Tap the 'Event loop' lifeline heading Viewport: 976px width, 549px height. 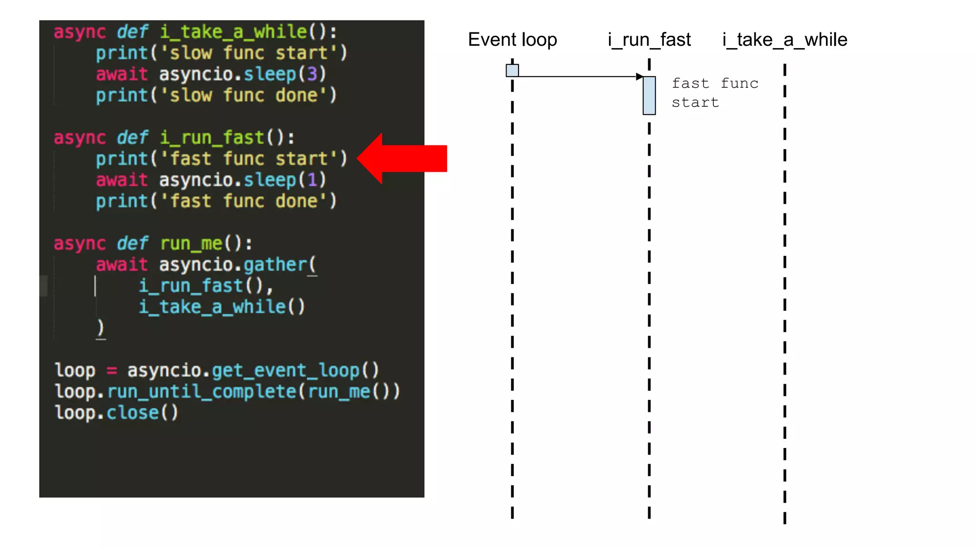[x=512, y=40]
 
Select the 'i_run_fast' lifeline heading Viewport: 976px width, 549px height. [x=649, y=40]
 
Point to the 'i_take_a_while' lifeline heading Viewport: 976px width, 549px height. [x=784, y=40]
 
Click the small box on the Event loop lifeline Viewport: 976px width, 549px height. [x=512, y=71]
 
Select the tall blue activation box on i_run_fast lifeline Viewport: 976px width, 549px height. [x=649, y=95]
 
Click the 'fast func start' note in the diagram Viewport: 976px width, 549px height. [x=714, y=93]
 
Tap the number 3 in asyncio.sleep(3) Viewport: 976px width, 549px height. [x=312, y=74]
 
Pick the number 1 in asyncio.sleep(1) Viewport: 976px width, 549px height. [x=312, y=180]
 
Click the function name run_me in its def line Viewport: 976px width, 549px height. [x=191, y=244]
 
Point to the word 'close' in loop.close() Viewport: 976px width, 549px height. [x=132, y=413]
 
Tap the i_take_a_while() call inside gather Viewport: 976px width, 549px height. [x=222, y=307]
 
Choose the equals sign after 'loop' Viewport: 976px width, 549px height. [x=112, y=370]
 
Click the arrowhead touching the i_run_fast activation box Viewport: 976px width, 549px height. [x=639, y=77]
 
